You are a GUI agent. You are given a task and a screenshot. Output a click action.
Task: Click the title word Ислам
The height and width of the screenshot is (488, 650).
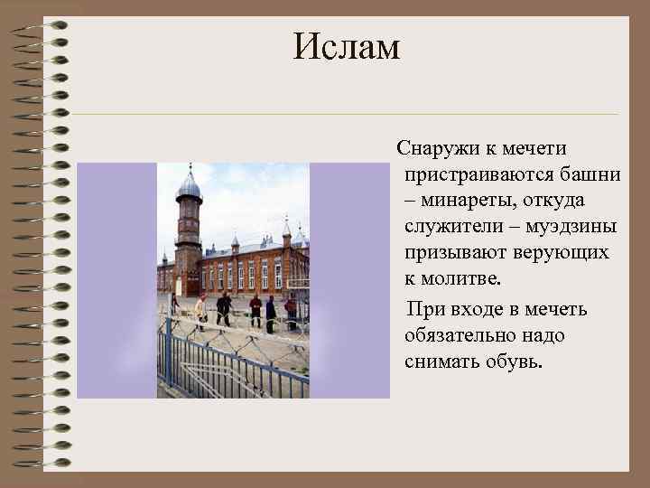[346, 48]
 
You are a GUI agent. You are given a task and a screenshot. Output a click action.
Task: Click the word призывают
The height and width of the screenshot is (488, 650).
[455, 252]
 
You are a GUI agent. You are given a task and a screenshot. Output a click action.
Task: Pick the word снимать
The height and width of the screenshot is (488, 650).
[441, 362]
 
